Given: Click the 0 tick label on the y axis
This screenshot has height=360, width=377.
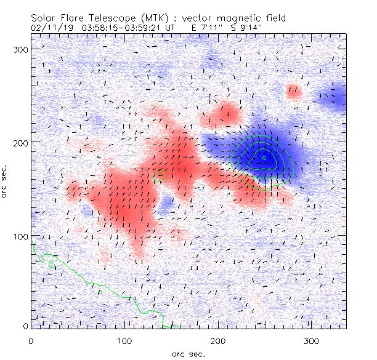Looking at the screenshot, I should coord(25,326).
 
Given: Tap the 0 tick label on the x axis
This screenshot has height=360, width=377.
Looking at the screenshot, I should coord(31,340).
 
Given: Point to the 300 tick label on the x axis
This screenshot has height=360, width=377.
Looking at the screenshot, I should coord(312,340).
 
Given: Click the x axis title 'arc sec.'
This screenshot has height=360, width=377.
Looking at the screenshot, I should coord(188,353).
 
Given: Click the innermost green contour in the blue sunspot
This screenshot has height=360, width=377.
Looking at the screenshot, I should coord(264,158).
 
